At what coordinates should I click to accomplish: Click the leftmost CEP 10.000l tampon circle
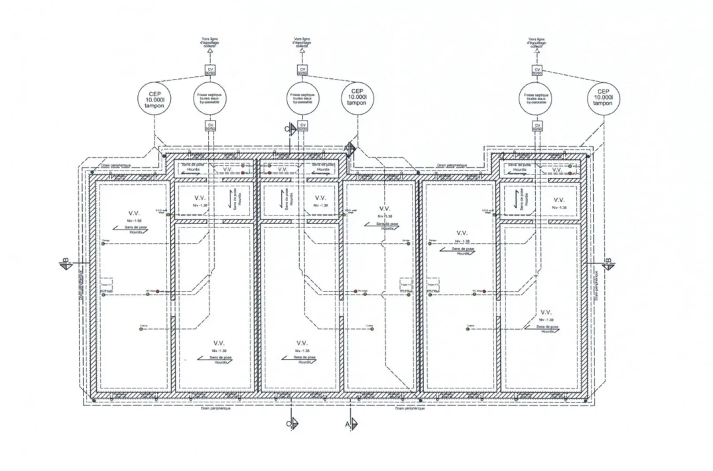(x=154, y=99)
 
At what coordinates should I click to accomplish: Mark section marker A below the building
(x=351, y=424)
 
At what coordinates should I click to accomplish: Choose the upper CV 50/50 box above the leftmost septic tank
(x=210, y=70)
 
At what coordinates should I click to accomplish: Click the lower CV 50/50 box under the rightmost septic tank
(x=537, y=127)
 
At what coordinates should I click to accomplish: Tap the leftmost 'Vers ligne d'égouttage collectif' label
(x=209, y=42)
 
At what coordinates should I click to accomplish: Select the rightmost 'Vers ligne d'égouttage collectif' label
(x=537, y=42)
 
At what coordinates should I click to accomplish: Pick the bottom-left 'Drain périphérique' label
(x=216, y=409)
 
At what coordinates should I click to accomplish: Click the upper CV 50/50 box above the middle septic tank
(x=302, y=70)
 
